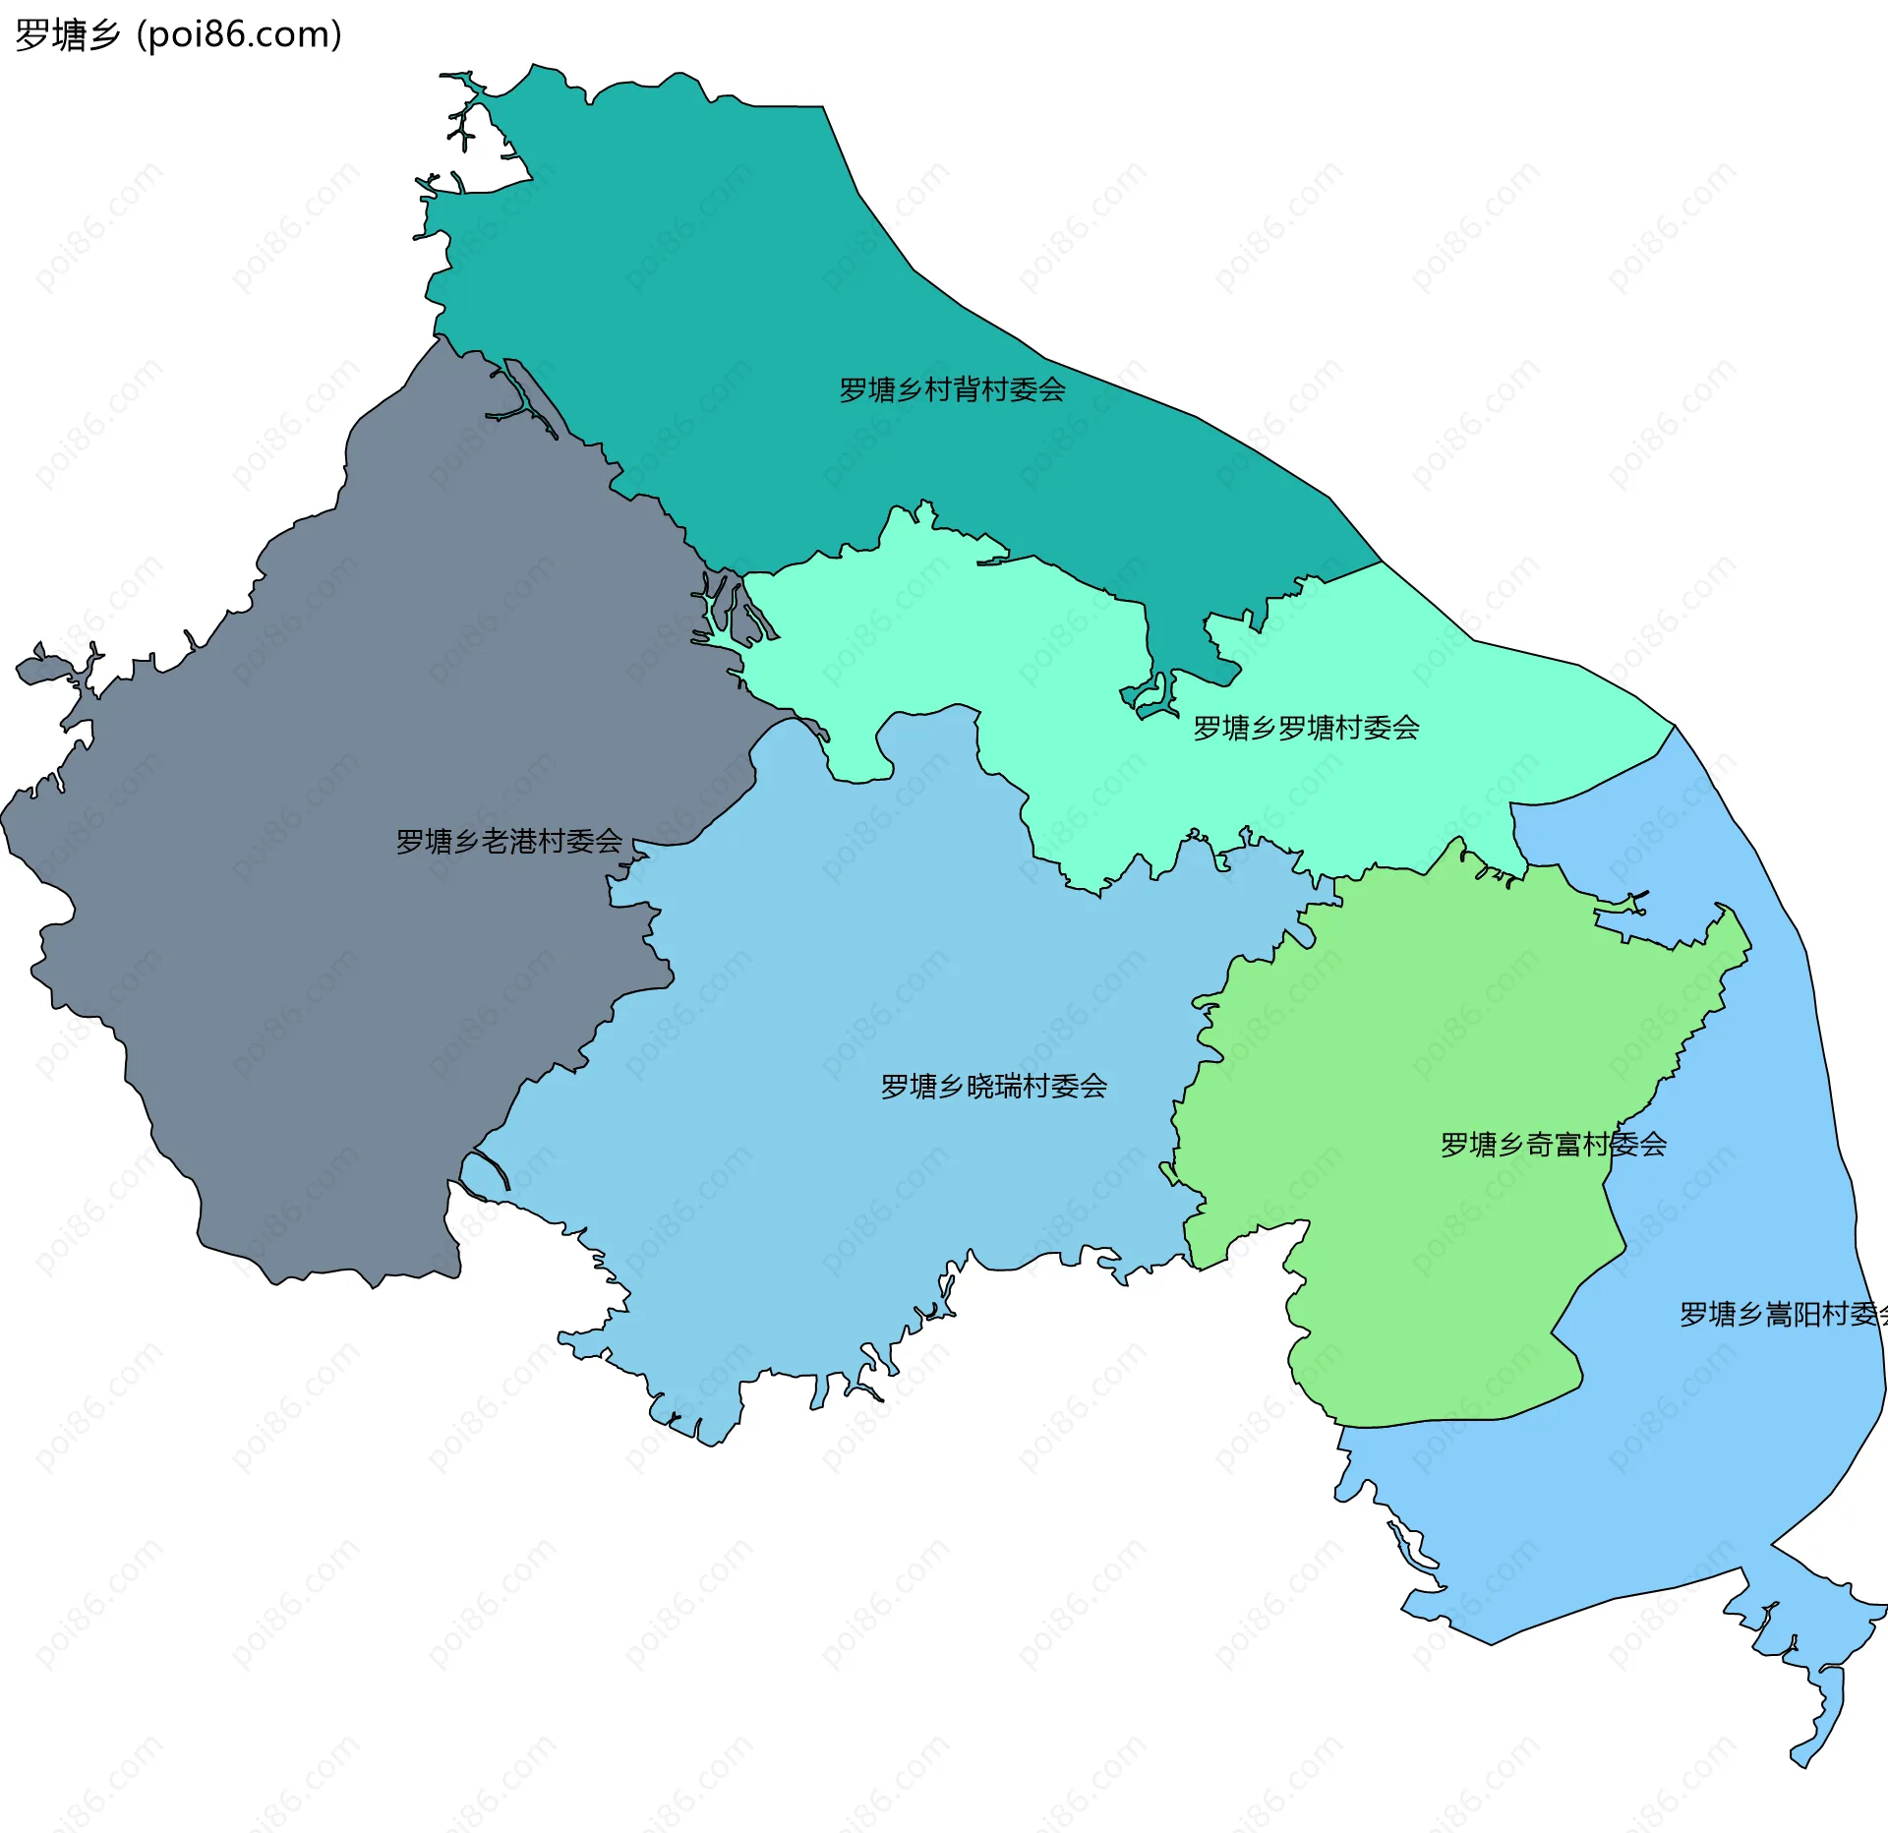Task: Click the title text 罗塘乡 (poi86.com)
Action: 178,35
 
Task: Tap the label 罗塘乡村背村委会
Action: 952,390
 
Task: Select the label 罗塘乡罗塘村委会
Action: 1306,729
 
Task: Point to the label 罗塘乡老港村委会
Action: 508,842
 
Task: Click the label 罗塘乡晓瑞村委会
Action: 993,1087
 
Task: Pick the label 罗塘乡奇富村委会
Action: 1553,1145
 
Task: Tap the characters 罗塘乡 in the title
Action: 67,35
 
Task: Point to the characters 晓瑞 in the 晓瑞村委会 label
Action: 994,1087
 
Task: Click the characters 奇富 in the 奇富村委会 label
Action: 1554,1145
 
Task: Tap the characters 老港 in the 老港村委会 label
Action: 509,842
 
